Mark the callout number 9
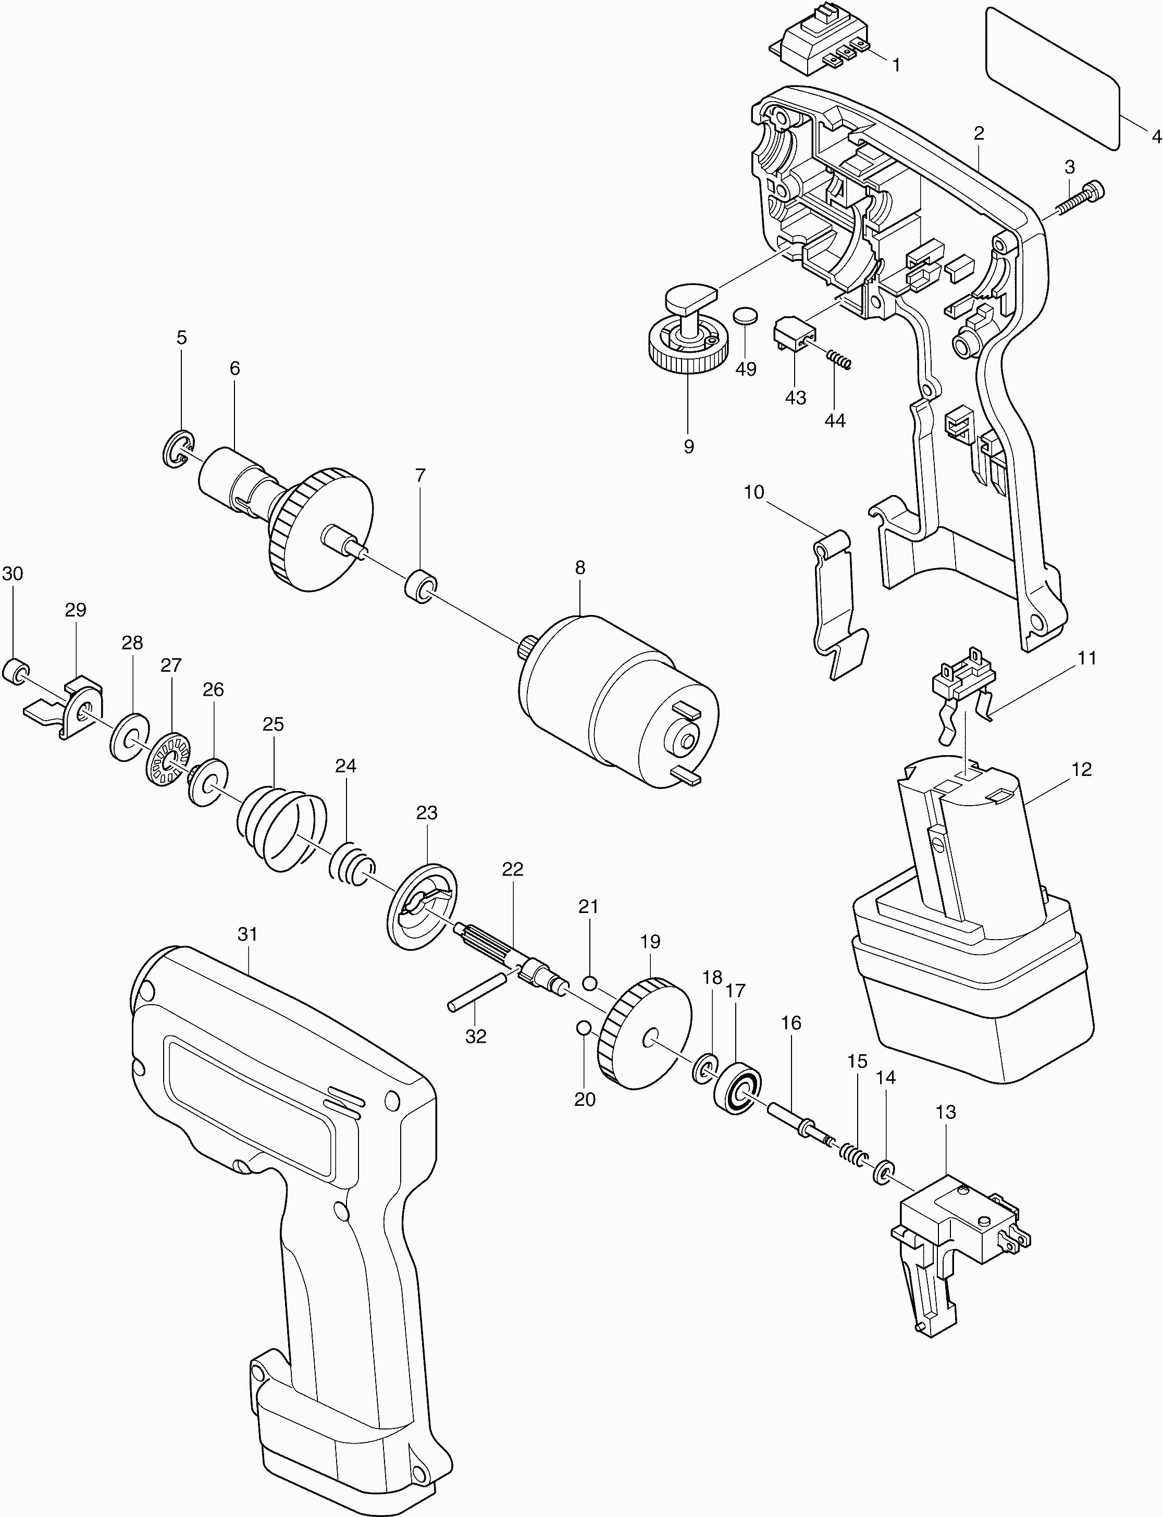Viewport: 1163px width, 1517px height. point(688,447)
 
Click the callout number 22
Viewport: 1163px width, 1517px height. point(512,870)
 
